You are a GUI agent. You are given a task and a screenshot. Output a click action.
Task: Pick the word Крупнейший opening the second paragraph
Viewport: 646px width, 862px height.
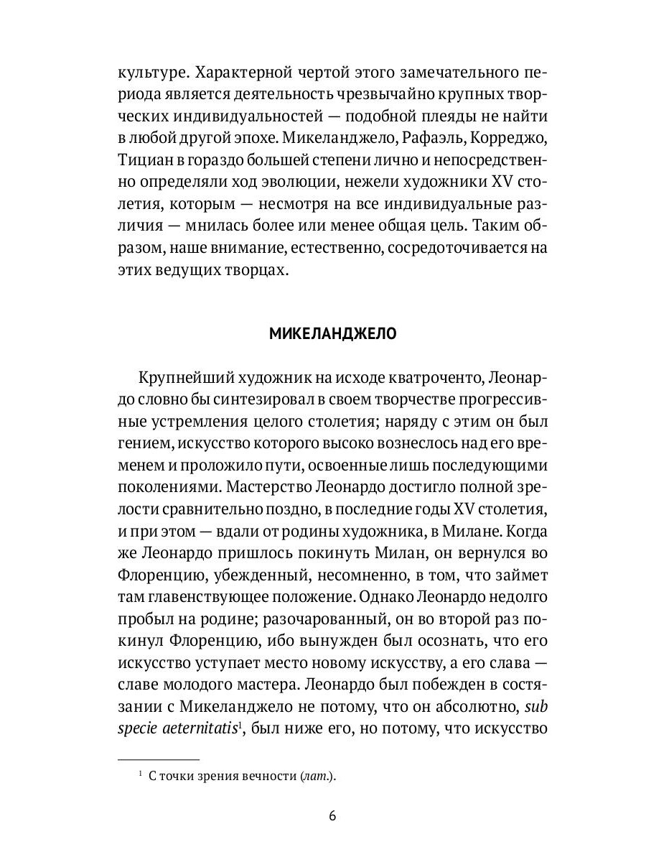179,379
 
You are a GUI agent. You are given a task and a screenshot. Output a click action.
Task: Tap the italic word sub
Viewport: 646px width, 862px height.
537,705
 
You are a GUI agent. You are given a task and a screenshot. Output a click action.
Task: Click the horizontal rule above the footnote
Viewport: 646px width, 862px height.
158,759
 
